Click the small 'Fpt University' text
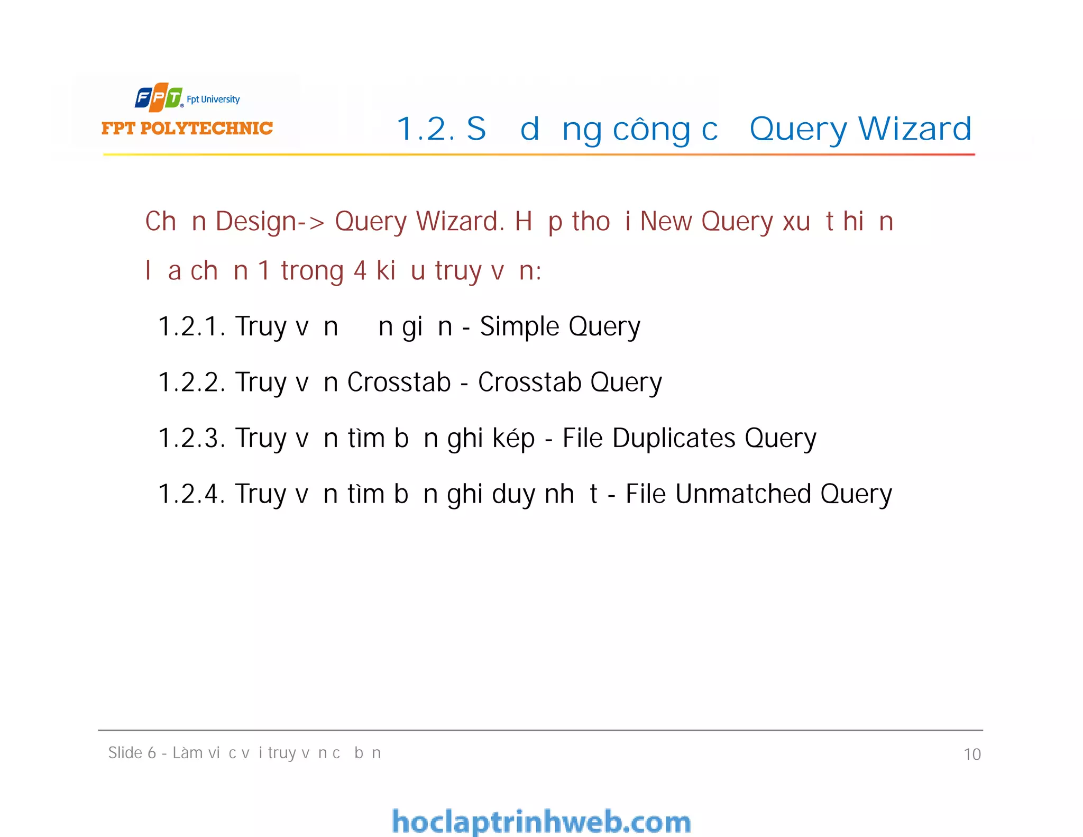pyautogui.click(x=213, y=99)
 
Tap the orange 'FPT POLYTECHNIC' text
pyautogui.click(x=187, y=128)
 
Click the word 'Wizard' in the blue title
pyautogui.click(x=915, y=129)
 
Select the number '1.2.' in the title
pyautogui.click(x=426, y=129)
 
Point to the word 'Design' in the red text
pyautogui.click(x=256, y=221)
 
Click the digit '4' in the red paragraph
pyautogui.click(x=360, y=271)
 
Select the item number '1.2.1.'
pyautogui.click(x=191, y=326)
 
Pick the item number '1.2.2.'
pyautogui.click(x=191, y=382)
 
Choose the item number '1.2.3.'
pyautogui.click(x=191, y=438)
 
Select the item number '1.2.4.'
pyautogui.click(x=191, y=494)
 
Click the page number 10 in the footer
pyautogui.click(x=972, y=754)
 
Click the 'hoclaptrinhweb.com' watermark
pyautogui.click(x=541, y=822)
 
